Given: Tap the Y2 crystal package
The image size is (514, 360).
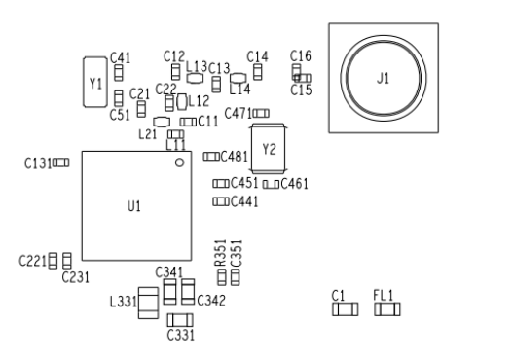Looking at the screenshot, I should [x=270, y=150].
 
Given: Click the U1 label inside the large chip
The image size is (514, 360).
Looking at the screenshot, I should [x=134, y=206].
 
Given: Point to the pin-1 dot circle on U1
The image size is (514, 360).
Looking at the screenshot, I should [x=179, y=163].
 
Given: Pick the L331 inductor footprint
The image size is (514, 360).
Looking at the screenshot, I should [x=148, y=304].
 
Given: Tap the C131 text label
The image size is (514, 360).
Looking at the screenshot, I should [x=36, y=163].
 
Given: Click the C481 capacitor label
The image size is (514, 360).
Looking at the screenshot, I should [x=235, y=156].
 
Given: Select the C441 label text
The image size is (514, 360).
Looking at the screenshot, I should [x=243, y=201].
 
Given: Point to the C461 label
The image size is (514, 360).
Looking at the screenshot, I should [x=294, y=183].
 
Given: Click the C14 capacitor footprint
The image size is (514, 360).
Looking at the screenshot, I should [x=258, y=71].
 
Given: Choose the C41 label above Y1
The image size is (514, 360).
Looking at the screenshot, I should [x=121, y=58].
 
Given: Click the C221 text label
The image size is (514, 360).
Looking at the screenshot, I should [x=33, y=261].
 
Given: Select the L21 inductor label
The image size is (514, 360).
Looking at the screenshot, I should [x=149, y=134].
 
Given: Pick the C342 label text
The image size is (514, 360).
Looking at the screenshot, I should [x=211, y=301].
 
